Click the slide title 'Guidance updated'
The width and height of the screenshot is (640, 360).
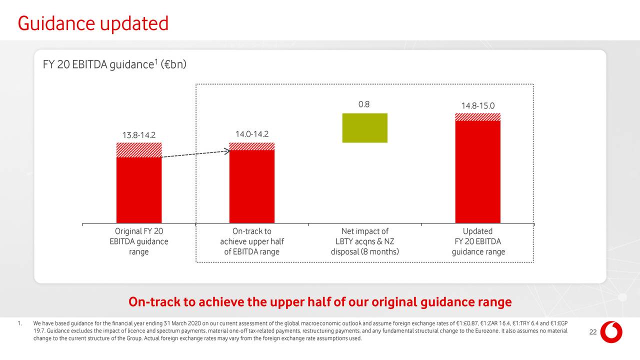tap(93, 23)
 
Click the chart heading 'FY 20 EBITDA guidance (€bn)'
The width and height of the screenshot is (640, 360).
tap(114, 65)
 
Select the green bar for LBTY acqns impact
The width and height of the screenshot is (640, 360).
tap(364, 128)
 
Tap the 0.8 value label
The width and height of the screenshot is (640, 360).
tap(364, 104)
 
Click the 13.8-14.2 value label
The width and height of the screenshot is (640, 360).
tap(139, 135)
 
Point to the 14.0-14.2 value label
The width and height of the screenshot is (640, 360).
tap(251, 134)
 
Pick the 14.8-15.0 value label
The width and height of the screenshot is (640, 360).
tap(477, 106)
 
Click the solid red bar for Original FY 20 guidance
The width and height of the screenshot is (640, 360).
tap(139, 190)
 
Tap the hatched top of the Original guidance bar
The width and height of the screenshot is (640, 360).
tap(139, 150)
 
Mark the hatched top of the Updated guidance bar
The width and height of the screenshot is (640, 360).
tap(477, 117)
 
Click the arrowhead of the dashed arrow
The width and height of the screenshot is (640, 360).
tap(227, 150)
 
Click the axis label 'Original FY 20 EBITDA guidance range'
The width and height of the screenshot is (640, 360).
tap(139, 241)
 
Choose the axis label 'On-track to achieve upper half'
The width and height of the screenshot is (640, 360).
tap(251, 241)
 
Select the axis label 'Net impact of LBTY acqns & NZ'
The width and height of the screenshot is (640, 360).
tap(364, 241)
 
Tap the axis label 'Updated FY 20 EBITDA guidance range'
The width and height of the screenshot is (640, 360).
tap(477, 241)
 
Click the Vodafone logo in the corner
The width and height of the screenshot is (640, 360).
tap(610, 332)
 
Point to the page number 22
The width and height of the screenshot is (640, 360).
tap(593, 333)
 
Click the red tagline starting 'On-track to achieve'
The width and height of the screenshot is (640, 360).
tap(320, 302)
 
